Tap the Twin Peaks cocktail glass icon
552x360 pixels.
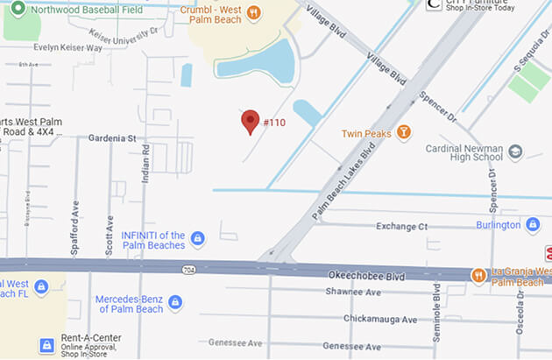point(403,132)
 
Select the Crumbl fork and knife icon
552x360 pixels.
point(253,12)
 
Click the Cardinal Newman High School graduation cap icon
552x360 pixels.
point(515,152)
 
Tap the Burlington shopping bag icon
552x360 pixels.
point(532,225)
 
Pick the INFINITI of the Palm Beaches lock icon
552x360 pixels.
point(198,237)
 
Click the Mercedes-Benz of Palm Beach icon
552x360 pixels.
point(175,303)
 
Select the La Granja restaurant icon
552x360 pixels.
point(478,275)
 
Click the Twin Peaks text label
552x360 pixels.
point(364,133)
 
